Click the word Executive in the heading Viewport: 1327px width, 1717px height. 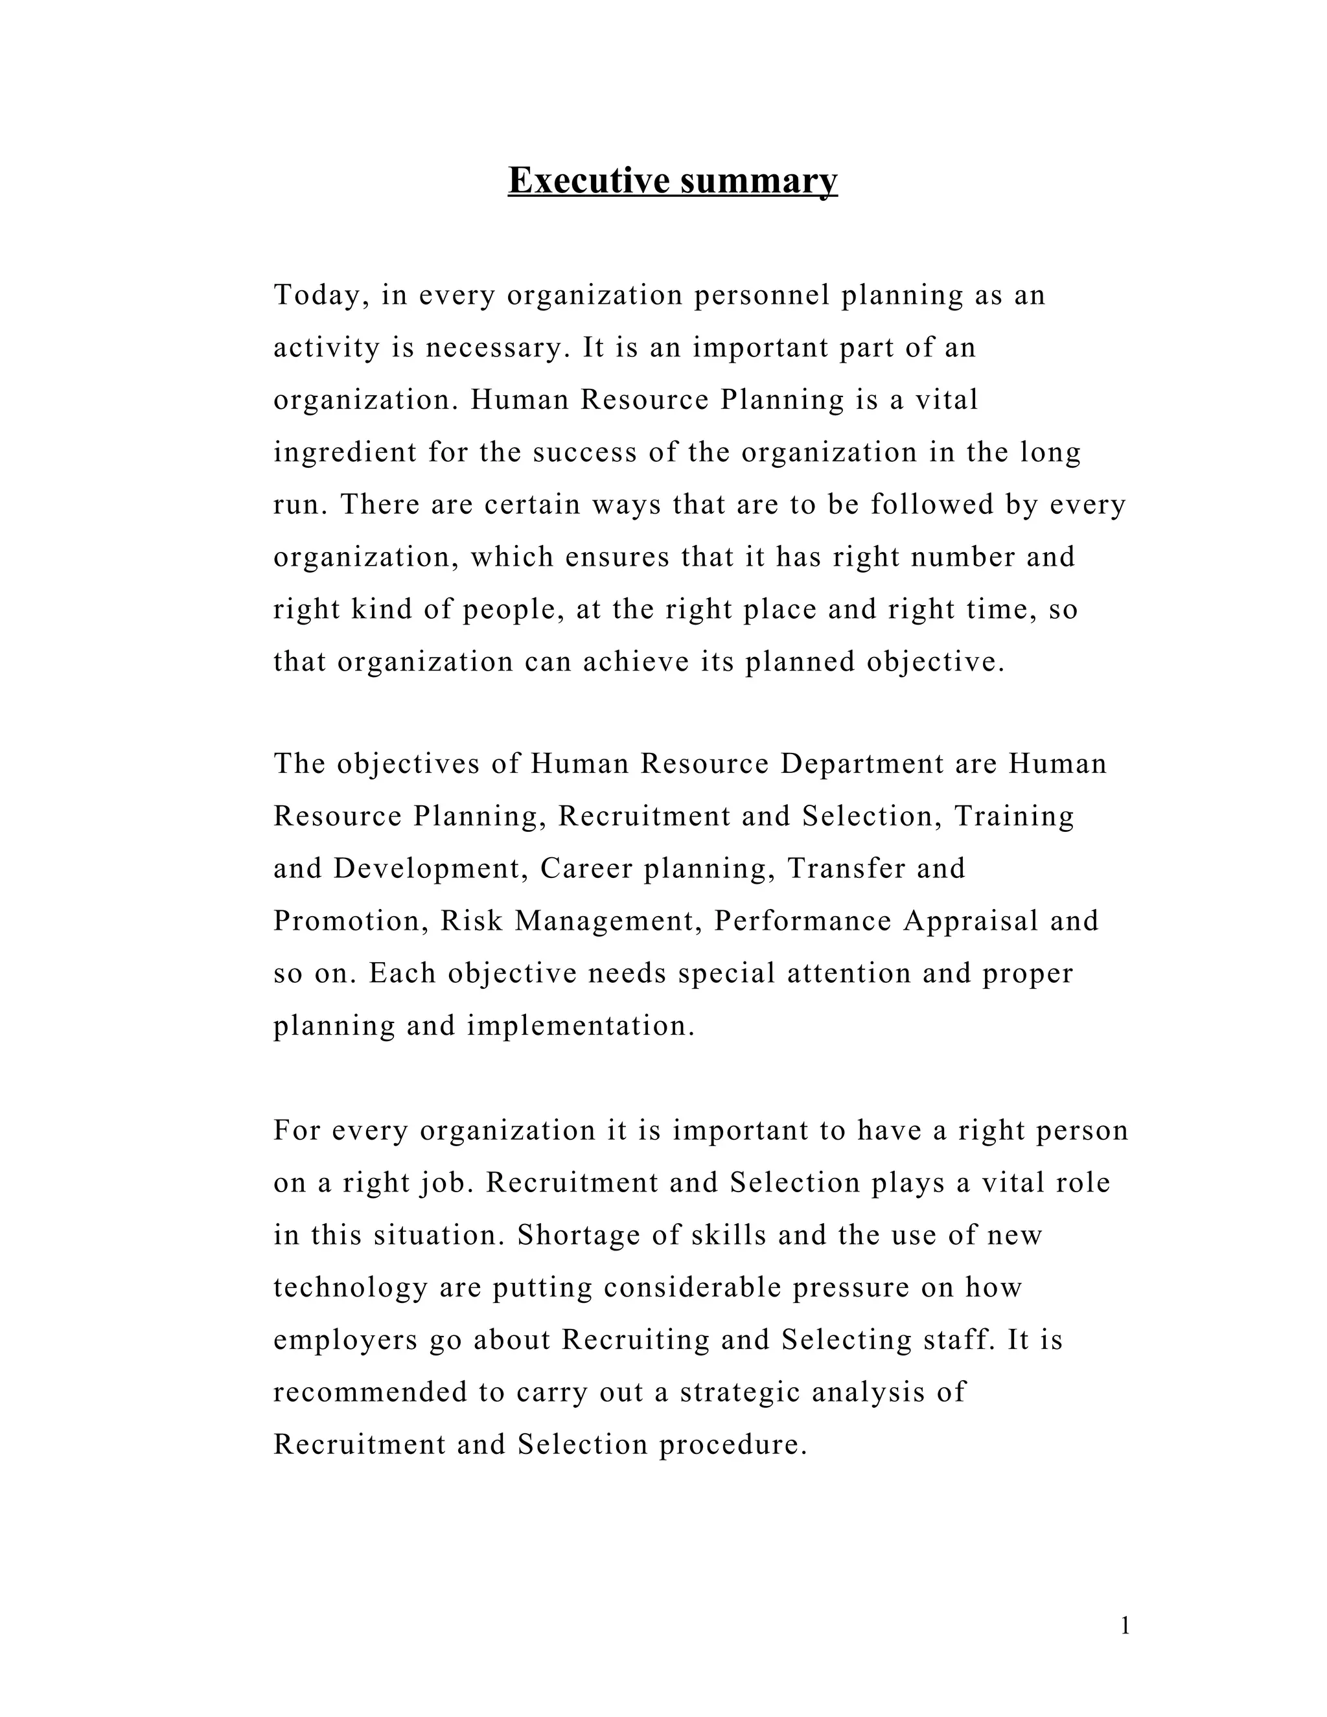coord(589,180)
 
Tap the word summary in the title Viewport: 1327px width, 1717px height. coord(759,181)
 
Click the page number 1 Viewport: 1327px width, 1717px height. coord(1125,1626)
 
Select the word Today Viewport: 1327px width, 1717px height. coord(321,296)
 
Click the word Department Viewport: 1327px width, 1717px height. coord(862,764)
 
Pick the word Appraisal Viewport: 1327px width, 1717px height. coord(972,921)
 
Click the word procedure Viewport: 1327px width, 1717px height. coord(733,1445)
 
